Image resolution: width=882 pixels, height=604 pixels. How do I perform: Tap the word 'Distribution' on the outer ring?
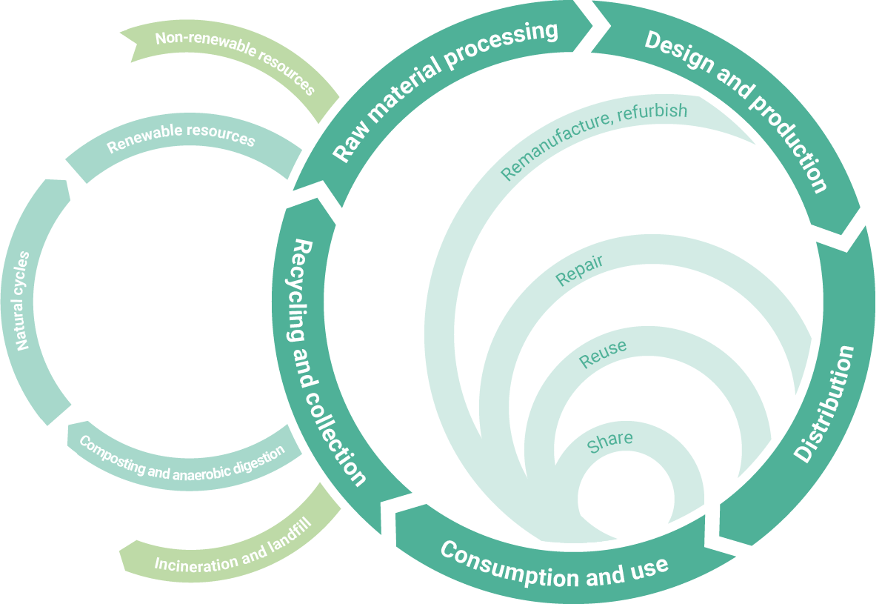point(823,404)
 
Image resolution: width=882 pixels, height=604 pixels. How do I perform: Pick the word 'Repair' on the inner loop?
point(579,271)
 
